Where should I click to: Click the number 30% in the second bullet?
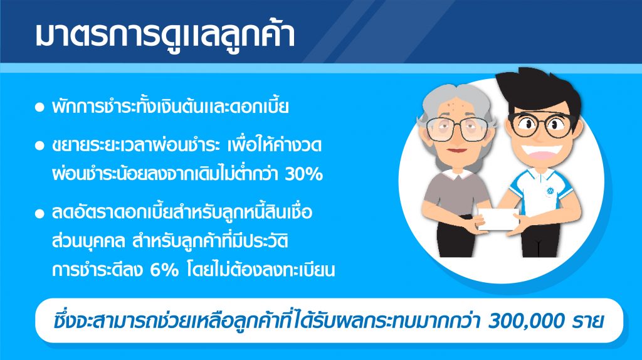303,174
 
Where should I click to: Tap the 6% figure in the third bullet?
165,270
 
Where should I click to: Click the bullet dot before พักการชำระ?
39,108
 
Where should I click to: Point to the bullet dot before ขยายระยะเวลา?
39,146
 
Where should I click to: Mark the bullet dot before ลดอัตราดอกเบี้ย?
39,213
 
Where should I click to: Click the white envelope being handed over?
498,219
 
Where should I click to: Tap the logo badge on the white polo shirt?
550,191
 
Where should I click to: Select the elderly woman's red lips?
456,151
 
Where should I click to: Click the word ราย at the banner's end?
588,321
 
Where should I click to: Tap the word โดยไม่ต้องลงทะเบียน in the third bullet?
261,270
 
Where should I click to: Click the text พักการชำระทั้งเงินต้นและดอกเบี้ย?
171,107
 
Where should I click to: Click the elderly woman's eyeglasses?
457,129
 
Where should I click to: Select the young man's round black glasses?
542,124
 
